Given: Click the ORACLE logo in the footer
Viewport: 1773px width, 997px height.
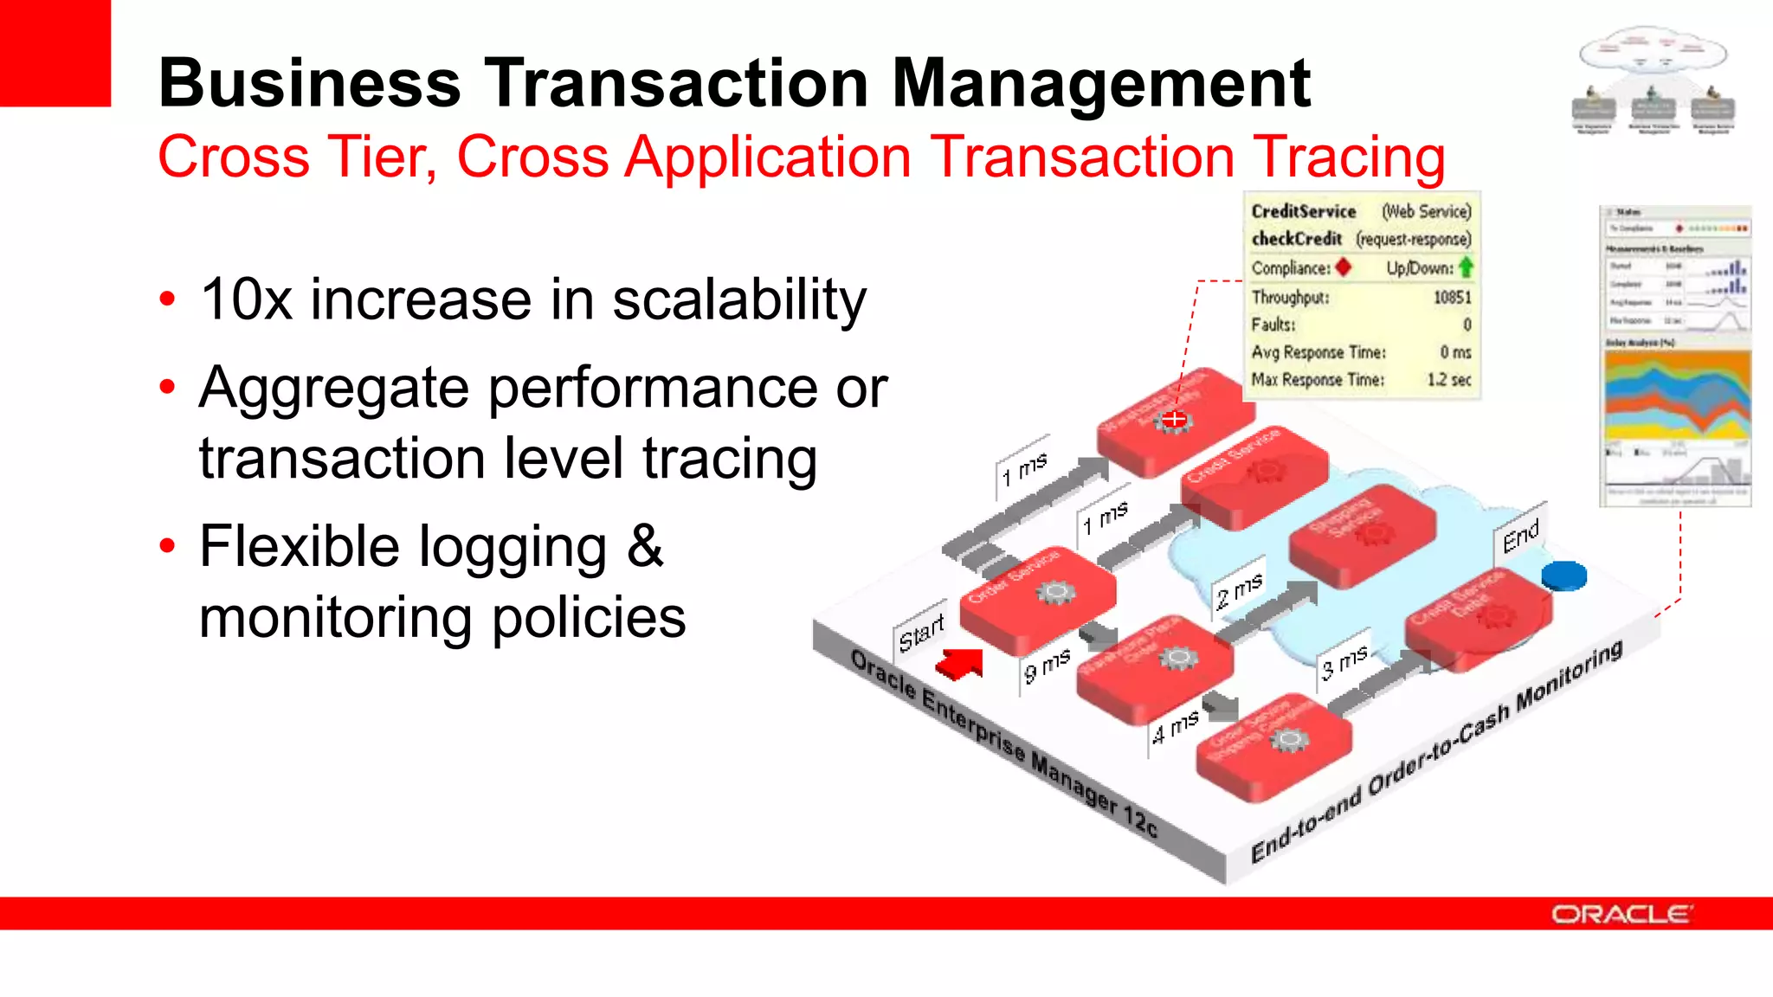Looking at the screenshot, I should click(1620, 915).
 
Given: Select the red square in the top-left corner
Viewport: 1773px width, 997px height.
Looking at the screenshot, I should click(55, 52).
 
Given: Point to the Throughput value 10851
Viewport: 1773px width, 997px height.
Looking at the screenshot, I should click(1452, 298).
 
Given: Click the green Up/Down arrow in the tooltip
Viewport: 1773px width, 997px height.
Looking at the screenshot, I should click(1466, 267).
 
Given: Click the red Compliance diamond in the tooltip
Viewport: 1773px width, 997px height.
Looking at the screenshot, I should click(1343, 267).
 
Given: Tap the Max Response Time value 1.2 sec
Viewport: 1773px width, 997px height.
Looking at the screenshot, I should click(1448, 380).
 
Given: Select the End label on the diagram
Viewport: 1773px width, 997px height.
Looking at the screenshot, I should click(1520, 536).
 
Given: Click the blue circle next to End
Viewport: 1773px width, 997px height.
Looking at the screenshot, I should click(1563, 576).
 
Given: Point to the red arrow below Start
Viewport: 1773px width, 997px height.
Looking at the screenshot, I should click(960, 664).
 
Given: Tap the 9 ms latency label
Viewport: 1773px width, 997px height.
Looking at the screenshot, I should click(1047, 666).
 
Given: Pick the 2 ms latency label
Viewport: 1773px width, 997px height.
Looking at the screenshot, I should click(1239, 591).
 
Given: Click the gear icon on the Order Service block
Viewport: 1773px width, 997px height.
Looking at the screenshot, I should click(1056, 592).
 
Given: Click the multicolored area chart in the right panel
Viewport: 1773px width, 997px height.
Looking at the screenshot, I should click(1677, 396).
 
